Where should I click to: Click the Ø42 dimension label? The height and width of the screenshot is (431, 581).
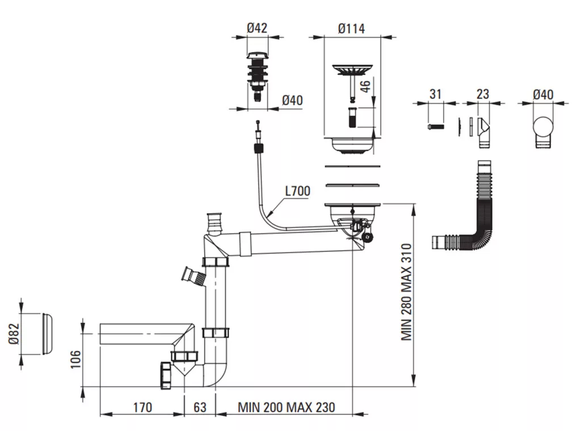tap(257, 28)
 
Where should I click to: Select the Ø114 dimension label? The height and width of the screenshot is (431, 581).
tap(351, 28)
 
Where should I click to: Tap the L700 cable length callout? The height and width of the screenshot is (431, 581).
tap(297, 191)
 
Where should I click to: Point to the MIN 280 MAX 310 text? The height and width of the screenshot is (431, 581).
tap(406, 292)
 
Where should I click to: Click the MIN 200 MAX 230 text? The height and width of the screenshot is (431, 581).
tap(287, 408)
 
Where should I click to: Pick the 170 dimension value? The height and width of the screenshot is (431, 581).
tap(142, 408)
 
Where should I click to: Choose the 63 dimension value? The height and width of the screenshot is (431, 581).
tap(200, 407)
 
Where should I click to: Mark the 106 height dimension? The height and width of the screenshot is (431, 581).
tap(75, 359)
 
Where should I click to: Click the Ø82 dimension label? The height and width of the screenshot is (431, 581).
tap(14, 333)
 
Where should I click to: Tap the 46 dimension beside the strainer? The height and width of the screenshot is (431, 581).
tap(365, 86)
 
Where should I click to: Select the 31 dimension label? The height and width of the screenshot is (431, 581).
tap(435, 94)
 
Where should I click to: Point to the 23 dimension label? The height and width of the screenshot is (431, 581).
tap(483, 94)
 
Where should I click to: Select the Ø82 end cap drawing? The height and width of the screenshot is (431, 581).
tap(48, 334)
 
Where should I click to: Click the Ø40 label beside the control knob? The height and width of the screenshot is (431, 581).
tap(293, 101)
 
